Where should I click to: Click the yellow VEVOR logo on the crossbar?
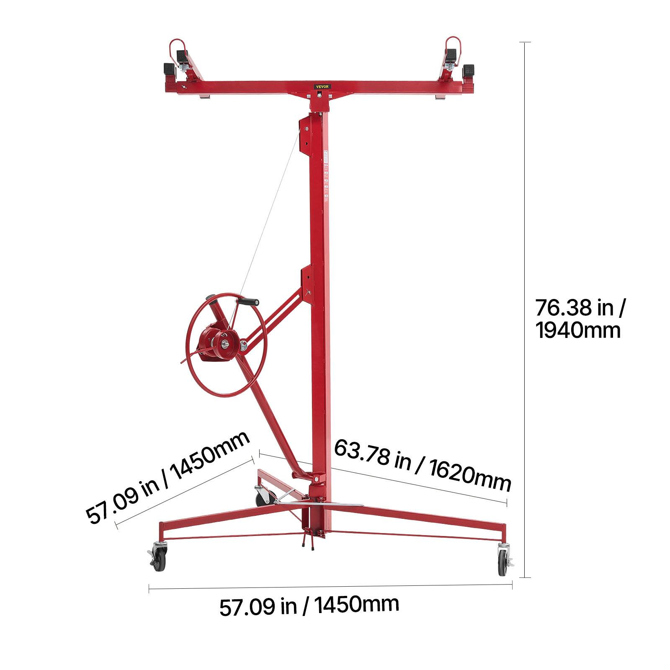click(323, 86)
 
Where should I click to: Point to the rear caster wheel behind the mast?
click(262, 497)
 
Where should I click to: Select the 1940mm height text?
click(578, 331)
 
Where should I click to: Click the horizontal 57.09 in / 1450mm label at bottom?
click(309, 606)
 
